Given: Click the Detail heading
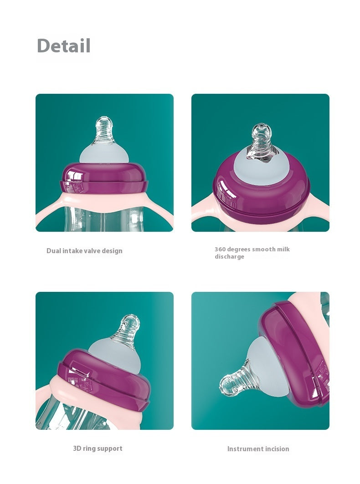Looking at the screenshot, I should coord(64,46).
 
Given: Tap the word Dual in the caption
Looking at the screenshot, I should coord(54,251).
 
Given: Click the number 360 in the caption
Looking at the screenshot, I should coord(221,250).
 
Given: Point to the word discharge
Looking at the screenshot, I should coord(229,257).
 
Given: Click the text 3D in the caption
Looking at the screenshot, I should coord(77,448).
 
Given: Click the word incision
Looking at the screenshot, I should coord(277,449).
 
